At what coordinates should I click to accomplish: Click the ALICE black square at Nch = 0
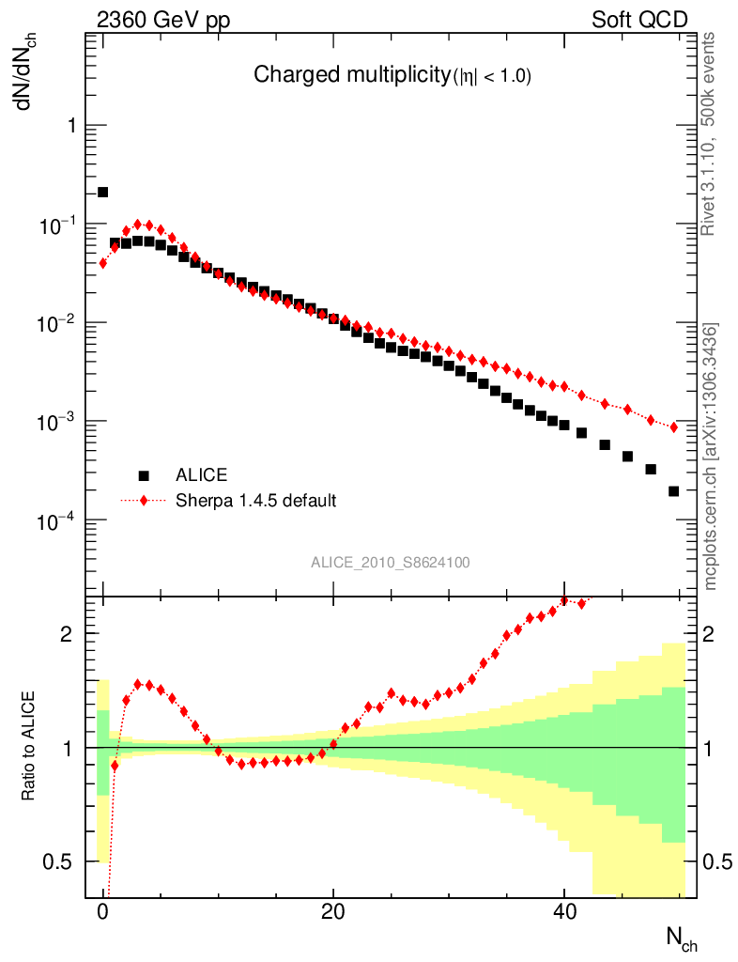(x=103, y=193)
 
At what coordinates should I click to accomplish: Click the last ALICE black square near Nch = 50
(x=673, y=491)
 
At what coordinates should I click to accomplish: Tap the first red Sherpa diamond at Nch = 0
(x=103, y=263)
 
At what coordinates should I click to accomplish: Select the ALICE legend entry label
(x=202, y=474)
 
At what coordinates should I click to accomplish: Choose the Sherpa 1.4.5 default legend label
(x=256, y=500)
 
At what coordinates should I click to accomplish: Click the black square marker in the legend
(x=144, y=474)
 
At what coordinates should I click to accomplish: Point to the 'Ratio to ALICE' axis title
(x=29, y=748)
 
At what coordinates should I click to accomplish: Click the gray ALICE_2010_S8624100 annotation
(x=391, y=563)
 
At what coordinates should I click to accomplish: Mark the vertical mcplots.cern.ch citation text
(x=711, y=457)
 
